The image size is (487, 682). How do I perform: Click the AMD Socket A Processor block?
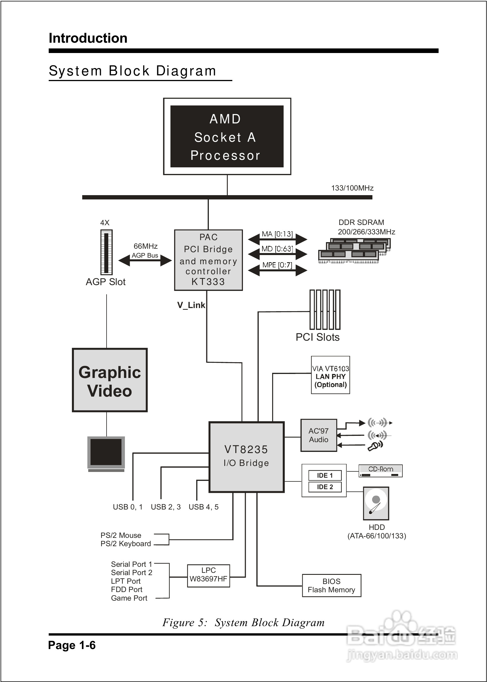(227, 136)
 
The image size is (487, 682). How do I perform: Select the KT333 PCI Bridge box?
(209, 260)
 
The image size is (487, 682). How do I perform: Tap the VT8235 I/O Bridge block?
(246, 457)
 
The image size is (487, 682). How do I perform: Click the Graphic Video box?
(110, 380)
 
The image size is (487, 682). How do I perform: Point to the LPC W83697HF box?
(209, 575)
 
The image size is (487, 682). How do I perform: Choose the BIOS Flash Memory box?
(331, 585)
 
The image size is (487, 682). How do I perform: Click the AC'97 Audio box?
(319, 435)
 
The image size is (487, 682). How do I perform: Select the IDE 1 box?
(325, 475)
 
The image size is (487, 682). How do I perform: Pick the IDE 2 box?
(325, 487)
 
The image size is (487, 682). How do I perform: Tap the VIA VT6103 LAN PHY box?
(331, 375)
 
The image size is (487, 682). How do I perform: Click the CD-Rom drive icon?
(380, 471)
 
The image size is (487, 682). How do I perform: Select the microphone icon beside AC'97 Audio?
(375, 446)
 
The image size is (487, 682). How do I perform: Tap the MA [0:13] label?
(277, 234)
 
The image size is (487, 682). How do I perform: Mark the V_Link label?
(191, 305)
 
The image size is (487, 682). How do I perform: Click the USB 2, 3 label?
(166, 507)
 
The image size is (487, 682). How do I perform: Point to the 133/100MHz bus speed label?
(352, 188)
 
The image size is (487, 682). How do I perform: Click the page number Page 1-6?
(72, 645)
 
